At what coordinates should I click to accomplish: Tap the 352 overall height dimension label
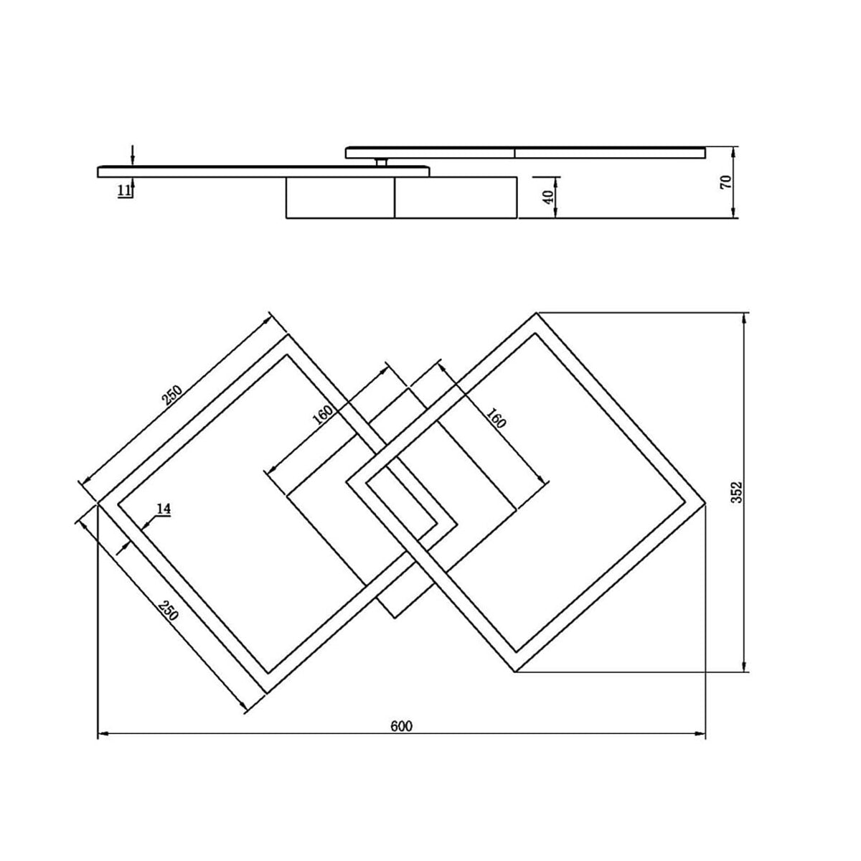click(x=736, y=492)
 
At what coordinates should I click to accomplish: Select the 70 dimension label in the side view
click(x=726, y=182)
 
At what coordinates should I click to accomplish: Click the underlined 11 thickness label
click(x=124, y=191)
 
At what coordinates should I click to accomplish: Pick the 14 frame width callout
click(x=164, y=509)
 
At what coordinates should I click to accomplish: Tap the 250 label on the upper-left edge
click(x=172, y=395)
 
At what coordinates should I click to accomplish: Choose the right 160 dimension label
click(x=496, y=418)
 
